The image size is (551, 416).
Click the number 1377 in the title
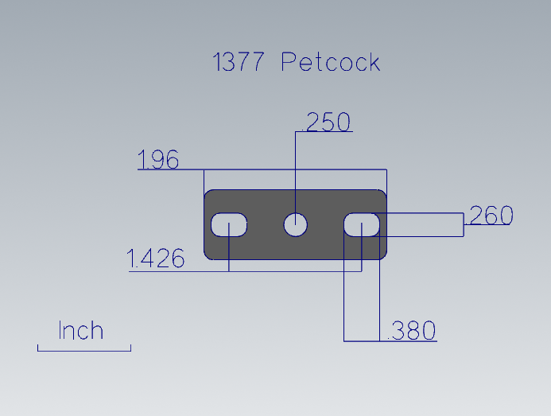click(239, 61)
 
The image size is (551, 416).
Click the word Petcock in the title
click(331, 61)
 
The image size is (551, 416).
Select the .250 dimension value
click(327, 122)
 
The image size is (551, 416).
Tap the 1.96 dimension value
click(158, 159)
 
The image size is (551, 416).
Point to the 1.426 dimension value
click(155, 258)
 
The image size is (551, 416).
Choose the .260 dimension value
click(489, 215)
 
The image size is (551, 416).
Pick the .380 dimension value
click(412, 331)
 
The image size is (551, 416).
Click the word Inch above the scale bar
click(81, 330)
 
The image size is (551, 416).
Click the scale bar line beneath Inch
click(84, 351)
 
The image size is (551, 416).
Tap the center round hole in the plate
click(296, 224)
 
